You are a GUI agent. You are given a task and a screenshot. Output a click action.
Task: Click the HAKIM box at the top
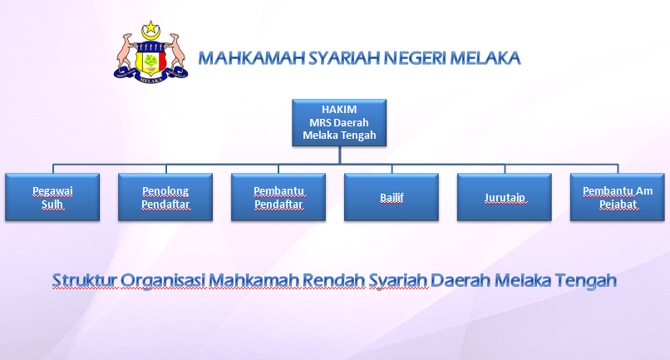339,122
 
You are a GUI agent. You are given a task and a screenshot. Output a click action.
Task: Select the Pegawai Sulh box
52,198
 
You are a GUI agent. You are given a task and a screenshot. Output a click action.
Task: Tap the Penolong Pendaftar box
165,198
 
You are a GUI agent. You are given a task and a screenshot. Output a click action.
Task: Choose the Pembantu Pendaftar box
278,198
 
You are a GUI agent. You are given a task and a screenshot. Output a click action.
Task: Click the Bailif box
392,198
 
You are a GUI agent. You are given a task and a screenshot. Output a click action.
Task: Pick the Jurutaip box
505,198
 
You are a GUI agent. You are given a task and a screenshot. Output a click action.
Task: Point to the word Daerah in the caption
461,280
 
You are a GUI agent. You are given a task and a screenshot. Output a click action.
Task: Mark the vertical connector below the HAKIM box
339,154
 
